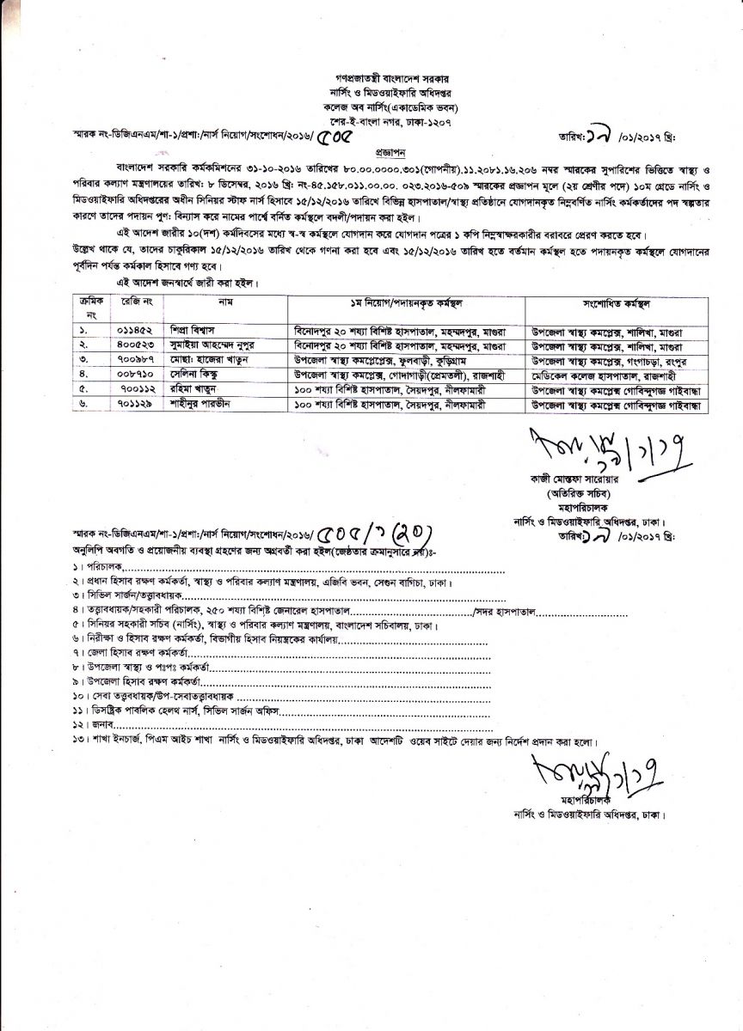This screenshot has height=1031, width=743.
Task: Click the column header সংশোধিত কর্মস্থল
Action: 616,304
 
